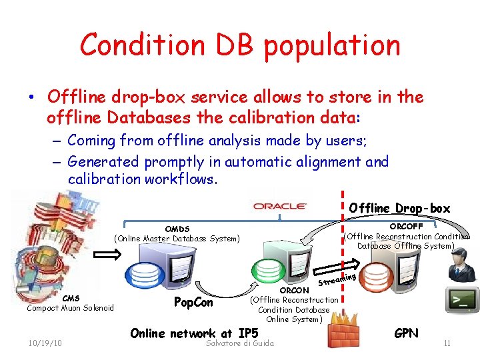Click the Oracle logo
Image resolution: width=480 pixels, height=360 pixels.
click(x=280, y=207)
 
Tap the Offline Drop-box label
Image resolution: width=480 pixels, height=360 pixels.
click(x=399, y=208)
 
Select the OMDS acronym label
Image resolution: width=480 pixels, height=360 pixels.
click(x=177, y=229)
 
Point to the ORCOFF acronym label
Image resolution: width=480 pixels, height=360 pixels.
click(x=406, y=227)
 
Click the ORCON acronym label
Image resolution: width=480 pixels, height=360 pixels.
click(x=294, y=291)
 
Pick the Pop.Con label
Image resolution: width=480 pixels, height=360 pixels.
click(x=193, y=302)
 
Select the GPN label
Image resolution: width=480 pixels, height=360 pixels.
click(x=406, y=332)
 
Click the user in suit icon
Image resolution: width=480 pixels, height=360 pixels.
click(x=460, y=266)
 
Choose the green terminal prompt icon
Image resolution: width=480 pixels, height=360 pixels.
click(x=461, y=300)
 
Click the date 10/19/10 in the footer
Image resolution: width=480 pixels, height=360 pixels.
click(x=45, y=343)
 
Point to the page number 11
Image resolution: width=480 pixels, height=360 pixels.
click(x=447, y=343)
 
